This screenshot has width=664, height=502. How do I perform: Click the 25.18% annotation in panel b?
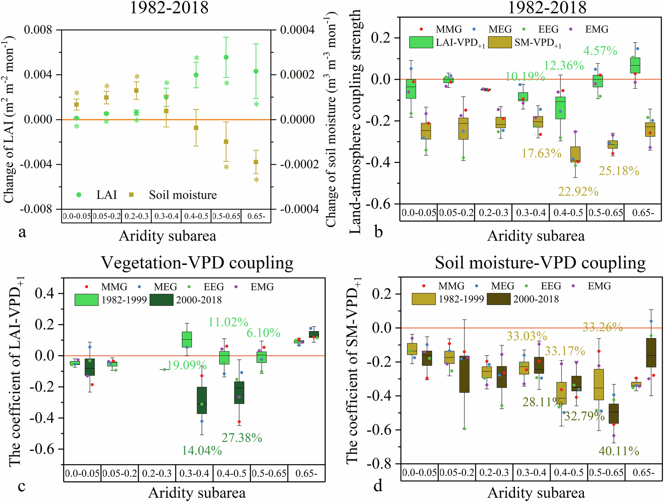[619, 171]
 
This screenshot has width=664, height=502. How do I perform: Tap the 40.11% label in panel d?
[618, 451]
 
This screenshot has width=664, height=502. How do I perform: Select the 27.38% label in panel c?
[242, 437]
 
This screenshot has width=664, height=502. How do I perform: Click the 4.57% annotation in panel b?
[600, 51]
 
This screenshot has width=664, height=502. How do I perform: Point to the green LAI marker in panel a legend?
[79, 195]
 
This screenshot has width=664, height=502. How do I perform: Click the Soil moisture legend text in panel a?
[183, 195]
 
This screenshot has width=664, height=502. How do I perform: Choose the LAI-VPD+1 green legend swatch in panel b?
[421, 42]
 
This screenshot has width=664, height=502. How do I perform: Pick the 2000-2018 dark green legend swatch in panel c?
[162, 300]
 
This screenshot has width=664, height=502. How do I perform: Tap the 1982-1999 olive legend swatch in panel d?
[423, 299]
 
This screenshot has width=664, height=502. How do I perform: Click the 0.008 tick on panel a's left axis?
[38, 30]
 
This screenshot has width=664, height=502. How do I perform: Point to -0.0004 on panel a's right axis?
[299, 209]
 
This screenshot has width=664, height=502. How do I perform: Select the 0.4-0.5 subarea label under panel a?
[196, 216]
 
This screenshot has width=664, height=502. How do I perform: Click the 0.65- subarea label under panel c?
[306, 474]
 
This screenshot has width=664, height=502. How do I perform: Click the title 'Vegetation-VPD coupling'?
[197, 263]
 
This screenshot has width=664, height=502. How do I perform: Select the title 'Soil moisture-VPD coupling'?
[540, 263]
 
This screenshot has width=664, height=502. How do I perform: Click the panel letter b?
[378, 231]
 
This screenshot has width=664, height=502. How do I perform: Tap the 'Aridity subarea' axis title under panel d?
[536, 493]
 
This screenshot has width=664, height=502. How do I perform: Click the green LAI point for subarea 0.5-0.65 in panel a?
[226, 57]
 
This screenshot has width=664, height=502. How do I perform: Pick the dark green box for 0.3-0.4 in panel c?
[202, 400]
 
